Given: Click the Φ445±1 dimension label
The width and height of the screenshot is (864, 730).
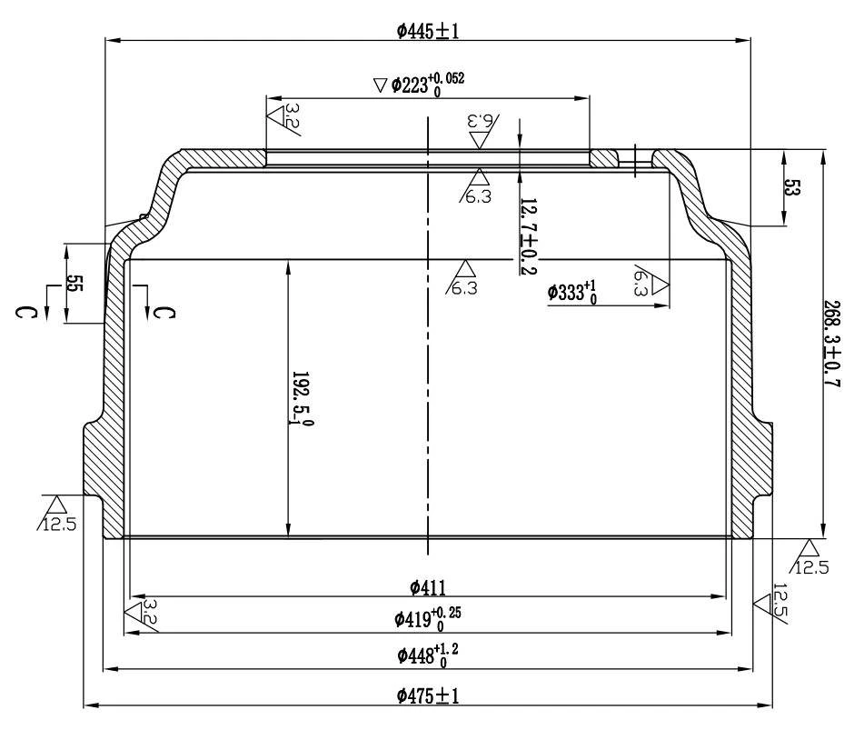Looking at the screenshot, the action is coord(428,31).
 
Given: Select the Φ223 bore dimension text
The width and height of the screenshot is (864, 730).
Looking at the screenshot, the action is coord(428,85).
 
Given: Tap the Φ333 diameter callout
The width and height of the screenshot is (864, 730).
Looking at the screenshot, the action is coord(572,292).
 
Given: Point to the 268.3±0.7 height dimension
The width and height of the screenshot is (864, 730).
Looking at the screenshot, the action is coord(831,344).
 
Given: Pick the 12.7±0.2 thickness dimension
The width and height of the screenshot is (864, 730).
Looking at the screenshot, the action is coord(530,236).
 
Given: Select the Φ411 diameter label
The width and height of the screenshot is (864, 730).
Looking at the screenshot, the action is coord(428,588).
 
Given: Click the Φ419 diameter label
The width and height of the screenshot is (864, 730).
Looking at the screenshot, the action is coord(428,618).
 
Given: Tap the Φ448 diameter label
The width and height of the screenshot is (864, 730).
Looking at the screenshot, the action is coord(428,655).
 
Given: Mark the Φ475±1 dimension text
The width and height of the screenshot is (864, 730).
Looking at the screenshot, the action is coord(428,695).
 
